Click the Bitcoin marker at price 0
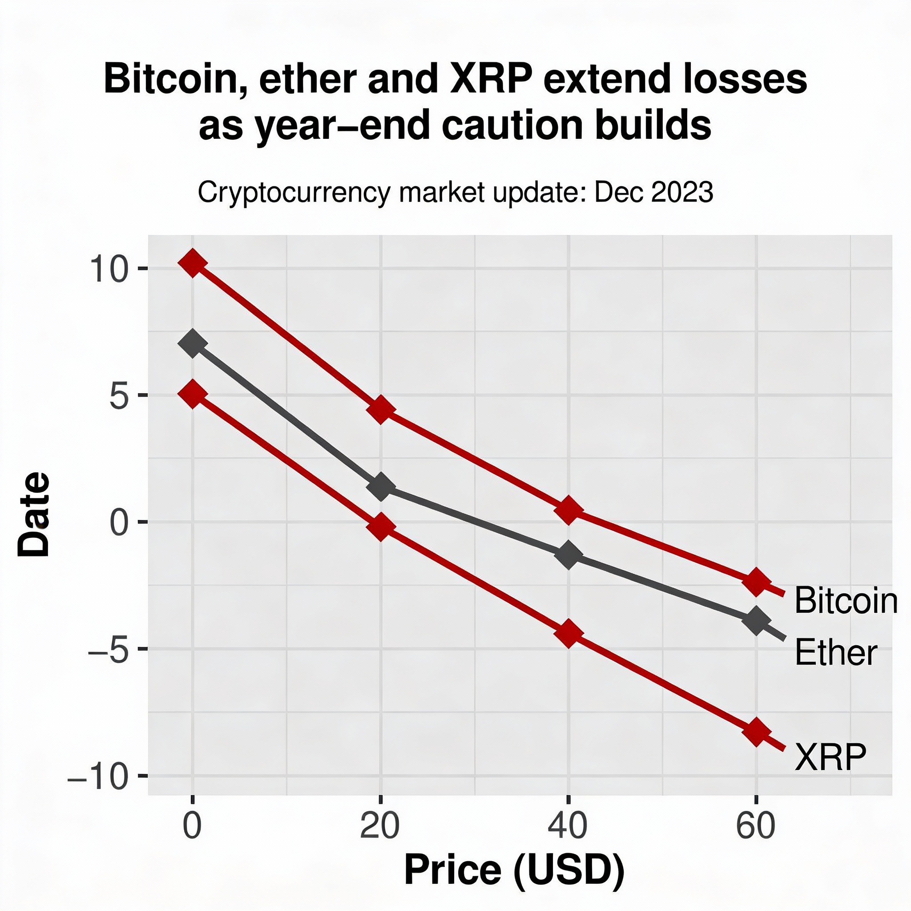pyautogui.click(x=192, y=263)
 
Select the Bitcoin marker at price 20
pyautogui.click(x=380, y=410)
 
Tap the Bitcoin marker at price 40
pyautogui.click(x=568, y=510)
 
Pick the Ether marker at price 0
pyautogui.click(x=192, y=344)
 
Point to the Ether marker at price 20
pyautogui.click(x=380, y=487)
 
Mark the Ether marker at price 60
pyautogui.click(x=756, y=621)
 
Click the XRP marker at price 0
pyautogui.click(x=192, y=394)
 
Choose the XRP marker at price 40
pyautogui.click(x=568, y=634)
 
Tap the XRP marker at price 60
pyautogui.click(x=756, y=732)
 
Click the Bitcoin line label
pyautogui.click(x=846, y=601)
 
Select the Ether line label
pyautogui.click(x=835, y=653)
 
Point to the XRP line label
pyautogui.click(x=830, y=757)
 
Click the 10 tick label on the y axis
pyautogui.click(x=109, y=270)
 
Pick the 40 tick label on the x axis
pyautogui.click(x=568, y=826)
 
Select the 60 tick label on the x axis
pyautogui.click(x=756, y=826)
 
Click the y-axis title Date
pyautogui.click(x=34, y=514)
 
